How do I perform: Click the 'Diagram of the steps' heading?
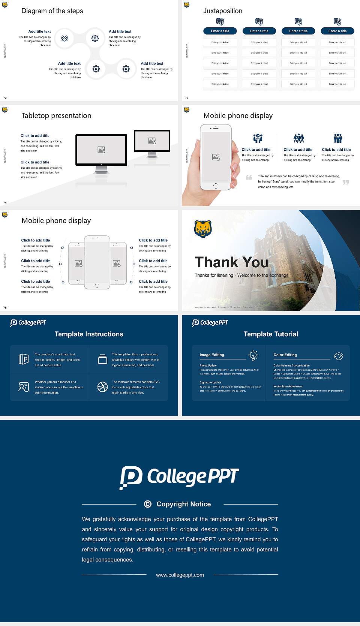click(52, 11)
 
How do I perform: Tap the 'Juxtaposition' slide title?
click(222, 11)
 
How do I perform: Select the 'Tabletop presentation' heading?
click(56, 115)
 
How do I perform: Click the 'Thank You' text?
click(232, 262)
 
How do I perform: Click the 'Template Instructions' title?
click(89, 334)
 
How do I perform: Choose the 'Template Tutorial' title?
click(271, 334)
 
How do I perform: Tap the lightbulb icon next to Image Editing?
click(253, 355)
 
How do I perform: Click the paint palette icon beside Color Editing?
click(339, 356)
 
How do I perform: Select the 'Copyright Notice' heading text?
click(183, 504)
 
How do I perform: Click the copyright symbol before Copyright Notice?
click(148, 504)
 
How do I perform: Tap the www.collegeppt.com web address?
click(180, 575)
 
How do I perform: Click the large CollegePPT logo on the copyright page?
click(179, 477)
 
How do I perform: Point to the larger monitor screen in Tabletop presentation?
click(101, 150)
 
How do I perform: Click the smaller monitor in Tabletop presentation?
click(152, 141)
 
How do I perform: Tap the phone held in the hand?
click(216, 157)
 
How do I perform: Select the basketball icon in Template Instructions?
click(102, 387)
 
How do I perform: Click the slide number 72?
click(5, 98)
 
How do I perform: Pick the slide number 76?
click(5, 308)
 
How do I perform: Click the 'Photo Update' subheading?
click(208, 365)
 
